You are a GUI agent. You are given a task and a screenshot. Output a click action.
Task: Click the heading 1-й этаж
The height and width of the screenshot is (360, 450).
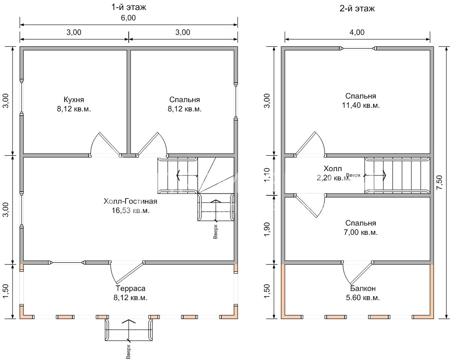pyautogui.click(x=129, y=7)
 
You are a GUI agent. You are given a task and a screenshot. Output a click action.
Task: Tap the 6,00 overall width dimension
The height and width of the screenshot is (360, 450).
pyautogui.click(x=128, y=18)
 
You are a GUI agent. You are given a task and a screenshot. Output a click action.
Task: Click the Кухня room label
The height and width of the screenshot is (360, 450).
pyautogui.click(x=74, y=99)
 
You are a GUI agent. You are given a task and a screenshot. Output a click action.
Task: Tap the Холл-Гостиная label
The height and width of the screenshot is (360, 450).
pyautogui.click(x=130, y=201)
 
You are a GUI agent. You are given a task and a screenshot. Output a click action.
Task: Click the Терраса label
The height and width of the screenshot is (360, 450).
pyautogui.click(x=130, y=288)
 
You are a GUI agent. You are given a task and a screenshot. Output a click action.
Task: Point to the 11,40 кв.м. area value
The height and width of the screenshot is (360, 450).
pyautogui.click(x=360, y=105)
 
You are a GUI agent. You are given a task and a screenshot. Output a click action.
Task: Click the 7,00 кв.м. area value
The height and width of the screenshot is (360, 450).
pyautogui.click(x=360, y=232)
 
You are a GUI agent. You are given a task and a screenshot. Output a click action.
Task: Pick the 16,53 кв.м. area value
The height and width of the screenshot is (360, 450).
pyautogui.click(x=130, y=210)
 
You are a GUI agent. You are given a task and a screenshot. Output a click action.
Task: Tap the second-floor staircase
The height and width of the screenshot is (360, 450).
pyautogui.click(x=396, y=175)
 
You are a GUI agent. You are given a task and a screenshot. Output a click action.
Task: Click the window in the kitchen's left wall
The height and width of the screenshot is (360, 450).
pyautogui.click(x=21, y=98)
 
